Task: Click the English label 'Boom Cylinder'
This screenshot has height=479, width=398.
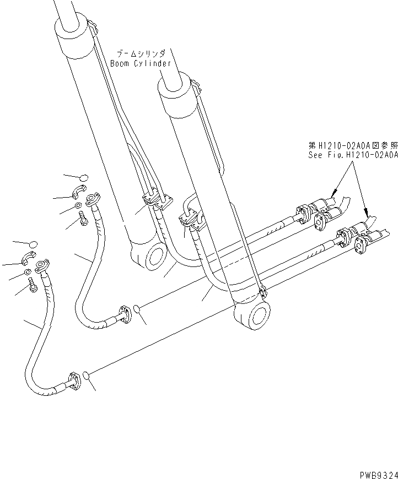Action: tap(140, 63)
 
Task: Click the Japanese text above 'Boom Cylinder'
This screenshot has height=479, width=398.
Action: tap(140, 54)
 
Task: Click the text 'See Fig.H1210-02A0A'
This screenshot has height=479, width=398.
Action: tap(353, 155)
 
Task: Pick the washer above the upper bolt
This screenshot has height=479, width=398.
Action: tap(78, 206)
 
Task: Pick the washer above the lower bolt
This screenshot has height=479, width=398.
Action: tap(28, 273)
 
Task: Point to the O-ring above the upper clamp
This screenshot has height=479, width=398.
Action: tap(84, 177)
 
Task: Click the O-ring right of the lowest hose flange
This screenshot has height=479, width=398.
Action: tap(86, 376)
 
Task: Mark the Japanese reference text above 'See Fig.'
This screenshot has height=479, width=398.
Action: tap(353, 145)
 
